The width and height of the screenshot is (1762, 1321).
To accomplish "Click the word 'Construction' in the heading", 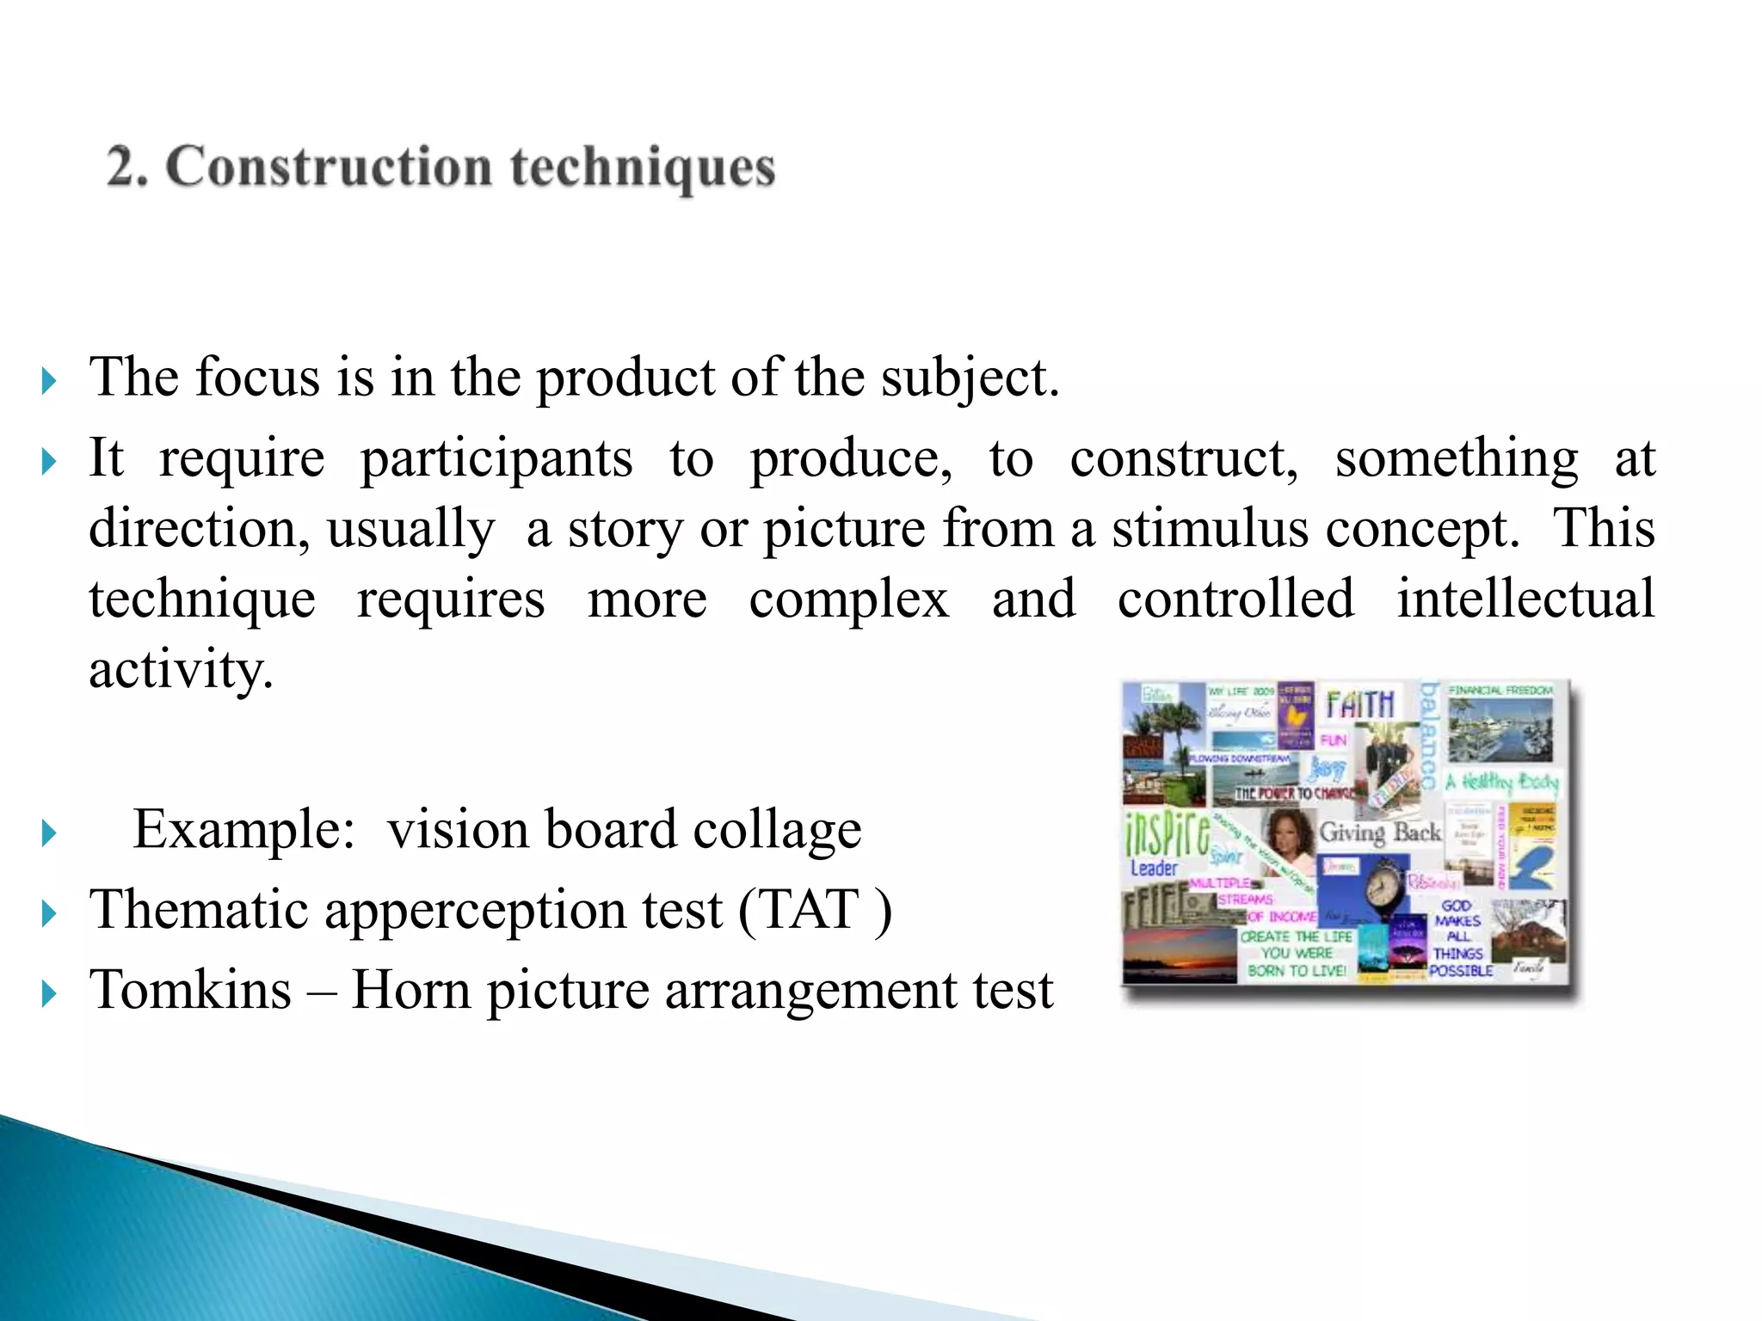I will [329, 166].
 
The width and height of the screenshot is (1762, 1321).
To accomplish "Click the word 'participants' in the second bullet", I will [496, 458].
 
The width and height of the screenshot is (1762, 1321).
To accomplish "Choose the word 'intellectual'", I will [1525, 599].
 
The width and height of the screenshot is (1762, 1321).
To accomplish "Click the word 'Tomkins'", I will [190, 990].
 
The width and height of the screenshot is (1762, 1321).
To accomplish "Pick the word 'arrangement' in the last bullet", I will [811, 990].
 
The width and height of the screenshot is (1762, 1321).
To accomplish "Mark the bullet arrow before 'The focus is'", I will [49, 380].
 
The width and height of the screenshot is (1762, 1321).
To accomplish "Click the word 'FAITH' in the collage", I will [1359, 704].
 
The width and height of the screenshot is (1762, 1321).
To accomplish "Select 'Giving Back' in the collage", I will [1380, 832].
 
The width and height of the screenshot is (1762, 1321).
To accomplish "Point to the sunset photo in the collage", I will [1180, 955].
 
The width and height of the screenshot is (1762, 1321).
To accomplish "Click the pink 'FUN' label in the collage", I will [1333, 740].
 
